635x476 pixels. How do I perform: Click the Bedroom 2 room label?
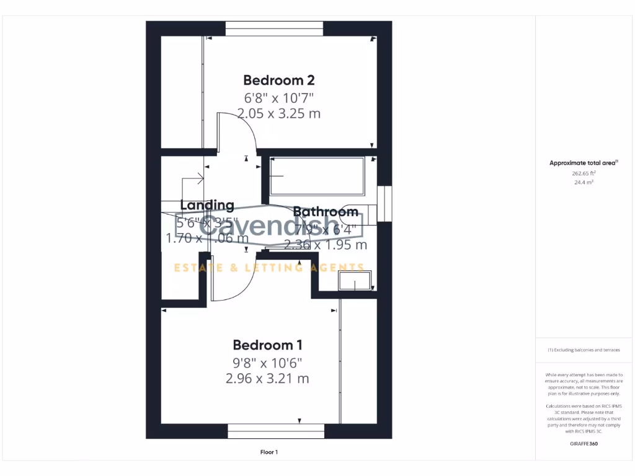[x=278, y=80]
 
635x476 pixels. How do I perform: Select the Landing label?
[x=207, y=205]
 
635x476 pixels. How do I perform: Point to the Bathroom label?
[x=326, y=212]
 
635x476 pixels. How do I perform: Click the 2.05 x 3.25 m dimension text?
[x=278, y=113]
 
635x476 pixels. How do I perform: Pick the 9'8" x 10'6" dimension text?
[x=267, y=363]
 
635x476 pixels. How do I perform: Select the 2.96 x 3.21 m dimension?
[x=267, y=379]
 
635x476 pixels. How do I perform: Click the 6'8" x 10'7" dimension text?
[x=278, y=97]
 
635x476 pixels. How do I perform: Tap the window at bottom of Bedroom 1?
[x=275, y=431]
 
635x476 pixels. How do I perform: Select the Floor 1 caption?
[x=269, y=452]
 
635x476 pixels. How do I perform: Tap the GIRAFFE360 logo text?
[x=583, y=444]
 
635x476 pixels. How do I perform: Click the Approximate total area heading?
[x=584, y=163]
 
